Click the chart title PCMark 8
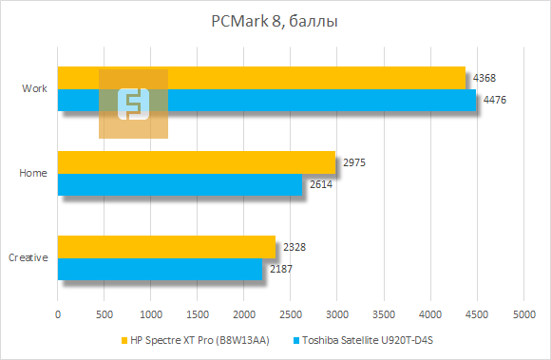tap(275, 20)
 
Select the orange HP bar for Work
tap(285, 78)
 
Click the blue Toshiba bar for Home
tap(180, 184)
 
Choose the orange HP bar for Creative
tap(166, 247)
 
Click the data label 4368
tap(484, 78)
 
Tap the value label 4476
tap(495, 100)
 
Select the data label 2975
tap(354, 162)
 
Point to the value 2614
tap(320, 184)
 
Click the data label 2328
tap(294, 247)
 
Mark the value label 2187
tap(281, 269)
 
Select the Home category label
tap(33, 173)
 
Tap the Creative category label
tap(28, 257)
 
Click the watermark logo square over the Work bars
tap(133, 104)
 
